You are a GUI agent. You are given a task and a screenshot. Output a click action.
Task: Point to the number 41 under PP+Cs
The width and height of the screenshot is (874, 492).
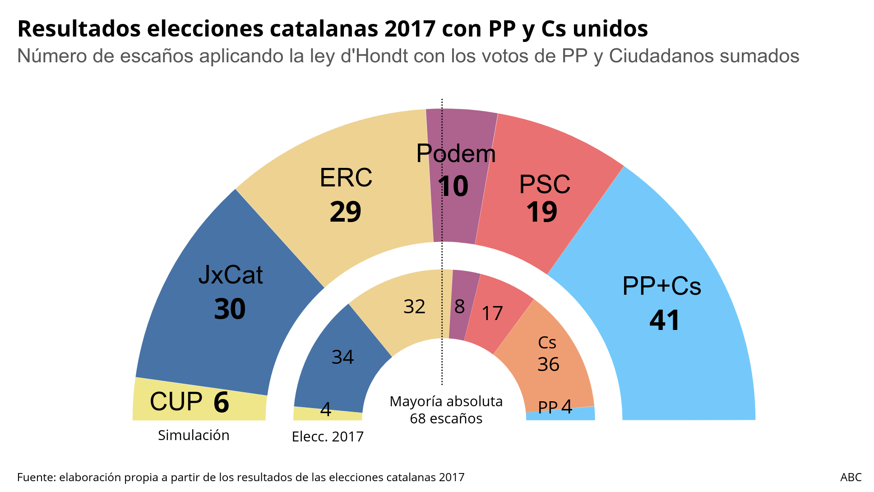pyautogui.click(x=664, y=320)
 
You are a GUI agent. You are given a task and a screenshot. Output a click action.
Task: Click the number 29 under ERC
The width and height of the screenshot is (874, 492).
pyautogui.click(x=345, y=212)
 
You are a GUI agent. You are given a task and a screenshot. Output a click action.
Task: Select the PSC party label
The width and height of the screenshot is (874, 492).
pyautogui.click(x=545, y=184)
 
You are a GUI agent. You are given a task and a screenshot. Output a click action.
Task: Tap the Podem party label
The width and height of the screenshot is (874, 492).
pyautogui.click(x=456, y=153)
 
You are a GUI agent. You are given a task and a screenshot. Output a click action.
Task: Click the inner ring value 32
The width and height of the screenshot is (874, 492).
pyautogui.click(x=414, y=307)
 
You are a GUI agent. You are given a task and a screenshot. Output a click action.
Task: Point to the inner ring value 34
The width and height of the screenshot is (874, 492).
pyautogui.click(x=342, y=357)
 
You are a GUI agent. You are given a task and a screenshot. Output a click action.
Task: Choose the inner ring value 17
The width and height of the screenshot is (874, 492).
pyautogui.click(x=492, y=314)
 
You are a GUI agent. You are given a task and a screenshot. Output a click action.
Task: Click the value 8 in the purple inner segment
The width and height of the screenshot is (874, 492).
pyautogui.click(x=459, y=307)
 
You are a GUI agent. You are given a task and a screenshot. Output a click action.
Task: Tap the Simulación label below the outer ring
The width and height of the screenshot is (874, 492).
pyautogui.click(x=194, y=435)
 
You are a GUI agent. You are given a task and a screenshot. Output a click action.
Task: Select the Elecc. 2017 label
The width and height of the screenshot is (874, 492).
pyautogui.click(x=328, y=436)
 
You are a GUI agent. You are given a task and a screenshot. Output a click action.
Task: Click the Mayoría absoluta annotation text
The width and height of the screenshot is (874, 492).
pyautogui.click(x=446, y=401)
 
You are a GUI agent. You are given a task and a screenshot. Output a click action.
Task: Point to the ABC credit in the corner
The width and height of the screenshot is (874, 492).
pyautogui.click(x=851, y=477)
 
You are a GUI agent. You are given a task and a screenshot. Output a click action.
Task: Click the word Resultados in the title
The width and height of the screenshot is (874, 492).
pyautogui.click(x=81, y=29)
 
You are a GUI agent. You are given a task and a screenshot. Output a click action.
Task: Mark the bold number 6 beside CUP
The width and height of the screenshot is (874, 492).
pyautogui.click(x=221, y=402)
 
